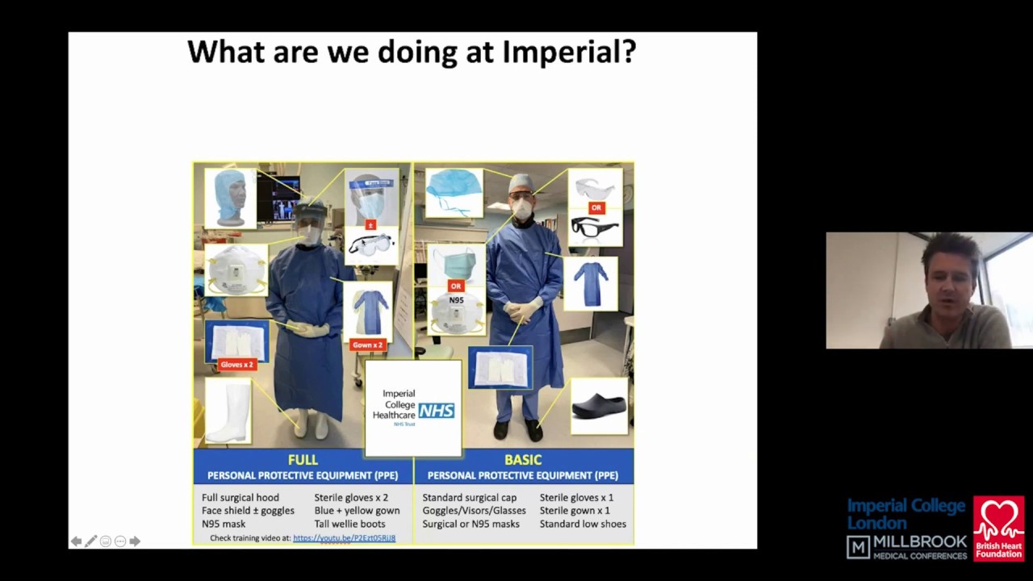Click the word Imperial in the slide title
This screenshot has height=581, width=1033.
[x=569, y=52]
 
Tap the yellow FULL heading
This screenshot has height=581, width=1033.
[x=303, y=460]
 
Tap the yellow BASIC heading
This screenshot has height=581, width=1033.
[x=523, y=460]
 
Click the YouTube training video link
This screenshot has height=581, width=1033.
[x=344, y=538]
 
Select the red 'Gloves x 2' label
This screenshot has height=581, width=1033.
[x=236, y=365]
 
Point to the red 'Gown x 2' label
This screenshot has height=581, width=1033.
[x=367, y=345]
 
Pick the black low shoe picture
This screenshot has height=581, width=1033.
[x=598, y=406]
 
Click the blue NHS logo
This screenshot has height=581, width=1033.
[x=436, y=411]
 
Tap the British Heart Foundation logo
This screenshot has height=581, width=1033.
[x=998, y=529]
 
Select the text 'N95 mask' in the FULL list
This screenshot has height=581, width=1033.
[x=224, y=524]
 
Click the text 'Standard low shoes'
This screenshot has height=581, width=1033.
[x=583, y=524]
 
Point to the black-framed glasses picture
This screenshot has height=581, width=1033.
[x=595, y=229]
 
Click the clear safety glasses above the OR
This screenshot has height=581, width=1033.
[x=595, y=188]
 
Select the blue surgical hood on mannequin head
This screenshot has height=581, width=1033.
[x=230, y=196]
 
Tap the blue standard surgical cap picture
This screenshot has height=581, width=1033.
[x=454, y=192]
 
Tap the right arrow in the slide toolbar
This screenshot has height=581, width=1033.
[x=135, y=541]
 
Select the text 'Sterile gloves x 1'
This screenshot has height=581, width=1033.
[x=576, y=498]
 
